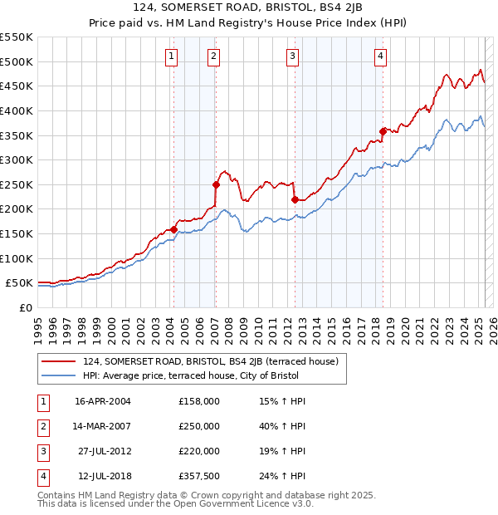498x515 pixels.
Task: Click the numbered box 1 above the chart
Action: click(170, 56)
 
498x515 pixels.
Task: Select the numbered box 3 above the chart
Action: click(293, 56)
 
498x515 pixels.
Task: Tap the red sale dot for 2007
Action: click(216, 184)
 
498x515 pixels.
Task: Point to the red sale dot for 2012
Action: click(295, 199)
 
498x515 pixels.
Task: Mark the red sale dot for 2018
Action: click(383, 131)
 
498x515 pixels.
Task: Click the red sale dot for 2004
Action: click(174, 230)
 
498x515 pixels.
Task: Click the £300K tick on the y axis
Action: click(17, 159)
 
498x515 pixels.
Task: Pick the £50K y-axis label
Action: click(19, 283)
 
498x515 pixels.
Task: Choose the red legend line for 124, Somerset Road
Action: click(59, 361)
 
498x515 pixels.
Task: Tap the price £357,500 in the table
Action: click(199, 477)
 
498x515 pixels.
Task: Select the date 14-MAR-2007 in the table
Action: click(103, 426)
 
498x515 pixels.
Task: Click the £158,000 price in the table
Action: click(199, 401)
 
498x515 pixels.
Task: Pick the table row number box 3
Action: click(42, 452)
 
